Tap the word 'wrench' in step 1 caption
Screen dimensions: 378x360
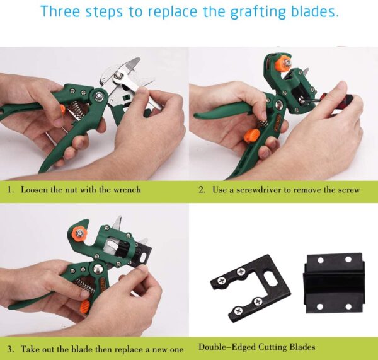click(127, 190)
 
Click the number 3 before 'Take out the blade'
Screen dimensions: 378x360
click(10, 349)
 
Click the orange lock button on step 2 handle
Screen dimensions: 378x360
click(252, 135)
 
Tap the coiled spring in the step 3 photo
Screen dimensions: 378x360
click(85, 286)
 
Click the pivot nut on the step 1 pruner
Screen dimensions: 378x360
click(98, 95)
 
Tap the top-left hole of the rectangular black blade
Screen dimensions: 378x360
click(321, 260)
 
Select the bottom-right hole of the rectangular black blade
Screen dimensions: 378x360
click(348, 306)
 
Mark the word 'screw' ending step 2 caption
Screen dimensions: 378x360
click(349, 190)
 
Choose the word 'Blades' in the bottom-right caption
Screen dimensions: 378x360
click(302, 347)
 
